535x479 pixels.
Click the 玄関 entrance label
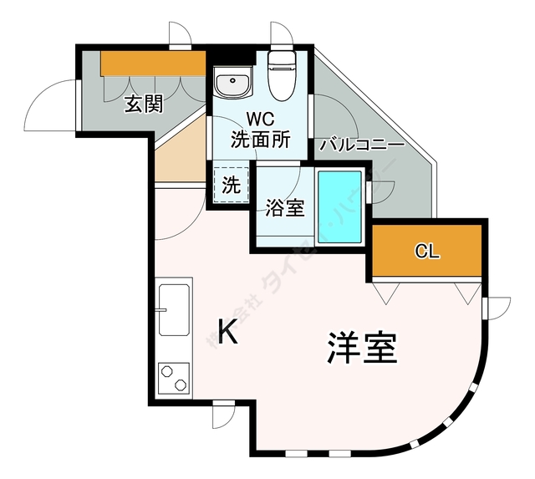144,104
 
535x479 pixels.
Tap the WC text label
260,120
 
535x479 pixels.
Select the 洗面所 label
260,140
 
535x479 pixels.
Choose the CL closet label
426,252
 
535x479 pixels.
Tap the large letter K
227,333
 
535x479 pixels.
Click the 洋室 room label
361,348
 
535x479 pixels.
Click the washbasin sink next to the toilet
232,84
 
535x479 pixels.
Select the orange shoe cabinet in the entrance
153,64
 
